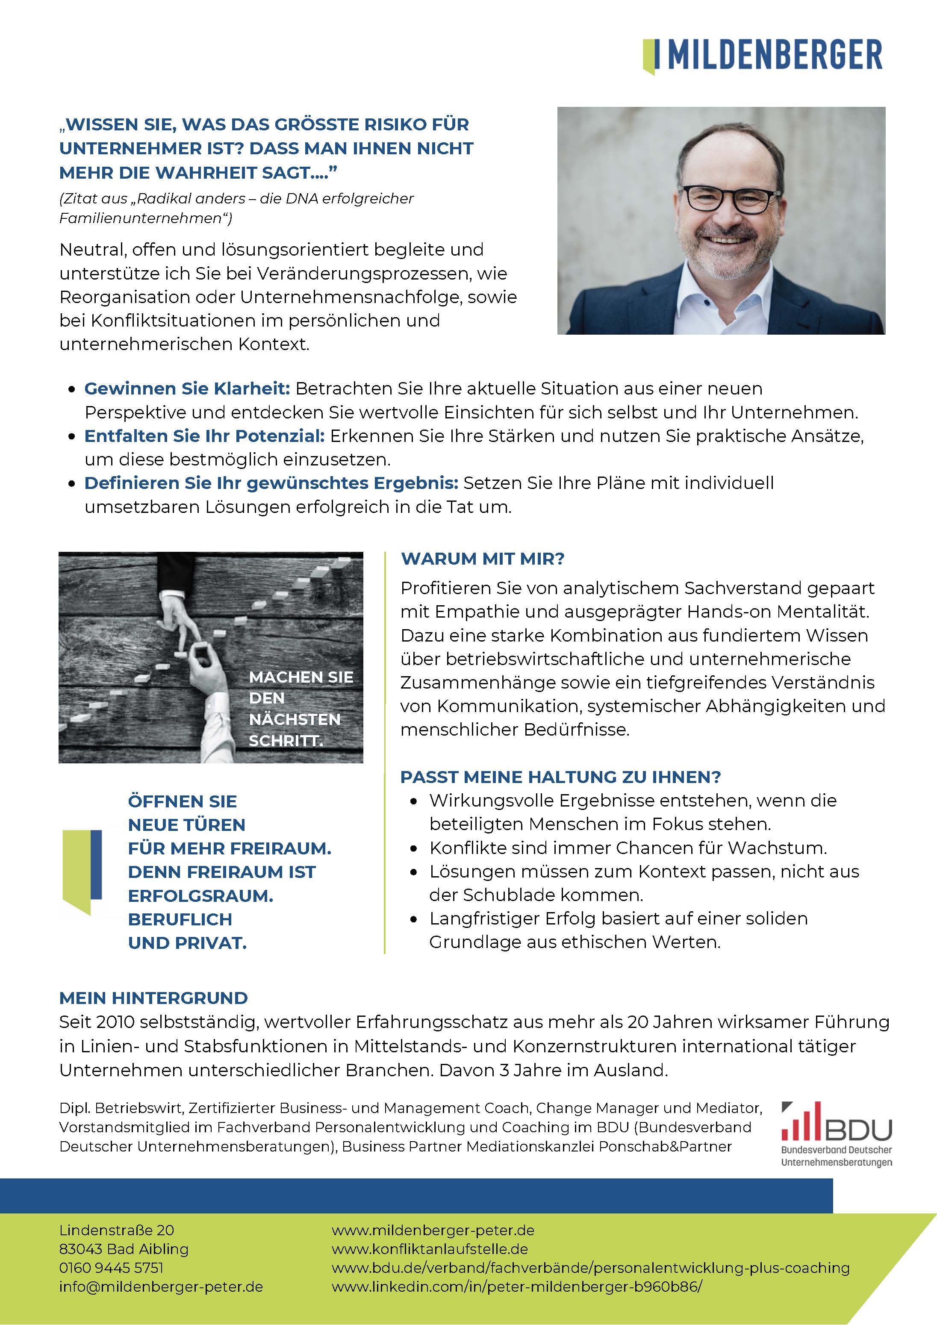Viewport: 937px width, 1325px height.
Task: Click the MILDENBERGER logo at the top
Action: click(x=763, y=56)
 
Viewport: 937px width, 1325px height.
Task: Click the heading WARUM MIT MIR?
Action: click(x=483, y=559)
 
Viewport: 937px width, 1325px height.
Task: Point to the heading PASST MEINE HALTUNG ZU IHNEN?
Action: click(x=560, y=777)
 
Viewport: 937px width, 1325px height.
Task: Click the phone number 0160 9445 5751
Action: click(x=112, y=1267)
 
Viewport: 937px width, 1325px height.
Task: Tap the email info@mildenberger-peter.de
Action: click(x=161, y=1287)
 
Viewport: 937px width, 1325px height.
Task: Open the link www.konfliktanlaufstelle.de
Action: click(x=430, y=1249)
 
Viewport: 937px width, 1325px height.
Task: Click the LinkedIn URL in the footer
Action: click(x=517, y=1287)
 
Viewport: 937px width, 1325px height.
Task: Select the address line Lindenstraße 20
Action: click(x=117, y=1230)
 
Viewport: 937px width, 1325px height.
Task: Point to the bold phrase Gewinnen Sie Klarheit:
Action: click(x=187, y=389)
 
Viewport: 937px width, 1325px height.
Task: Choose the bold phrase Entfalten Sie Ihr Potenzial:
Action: click(x=204, y=436)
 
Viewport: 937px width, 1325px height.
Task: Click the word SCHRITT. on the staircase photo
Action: click(x=286, y=740)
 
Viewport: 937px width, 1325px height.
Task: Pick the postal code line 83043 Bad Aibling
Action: click(x=124, y=1249)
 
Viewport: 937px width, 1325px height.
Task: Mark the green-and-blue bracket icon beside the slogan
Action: click(x=83, y=872)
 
